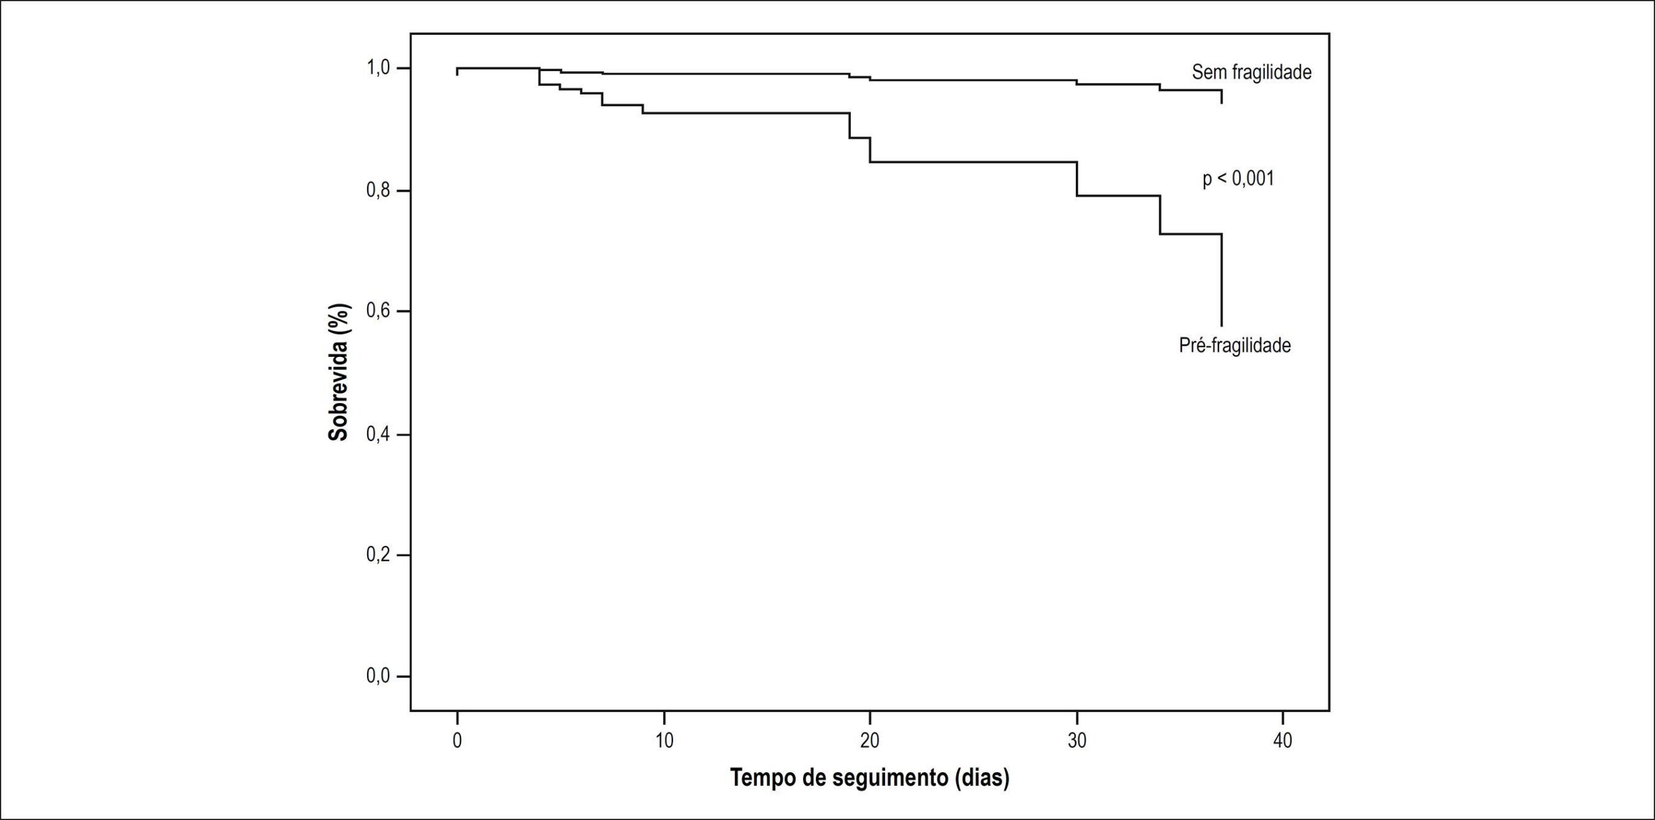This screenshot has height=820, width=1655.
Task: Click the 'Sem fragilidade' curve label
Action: [x=1252, y=72]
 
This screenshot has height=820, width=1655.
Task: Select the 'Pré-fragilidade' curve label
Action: [x=1235, y=345]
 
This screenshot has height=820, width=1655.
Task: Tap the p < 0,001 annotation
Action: [x=1238, y=178]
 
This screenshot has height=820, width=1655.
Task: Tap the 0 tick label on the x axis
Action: [x=457, y=740]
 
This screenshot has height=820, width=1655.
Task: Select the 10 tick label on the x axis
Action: [x=664, y=740]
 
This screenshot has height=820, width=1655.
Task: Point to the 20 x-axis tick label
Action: [x=870, y=740]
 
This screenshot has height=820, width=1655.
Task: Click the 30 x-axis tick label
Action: [x=1076, y=740]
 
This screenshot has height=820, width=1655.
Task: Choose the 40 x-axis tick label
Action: [x=1283, y=740]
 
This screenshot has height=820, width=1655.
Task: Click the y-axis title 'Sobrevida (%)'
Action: [x=338, y=372]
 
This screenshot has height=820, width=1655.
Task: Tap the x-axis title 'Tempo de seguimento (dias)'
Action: [x=870, y=778]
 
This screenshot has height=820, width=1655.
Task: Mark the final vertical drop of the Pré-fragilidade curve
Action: [x=1221, y=280]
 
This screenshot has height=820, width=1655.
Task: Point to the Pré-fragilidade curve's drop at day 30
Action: [x=1077, y=178]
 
